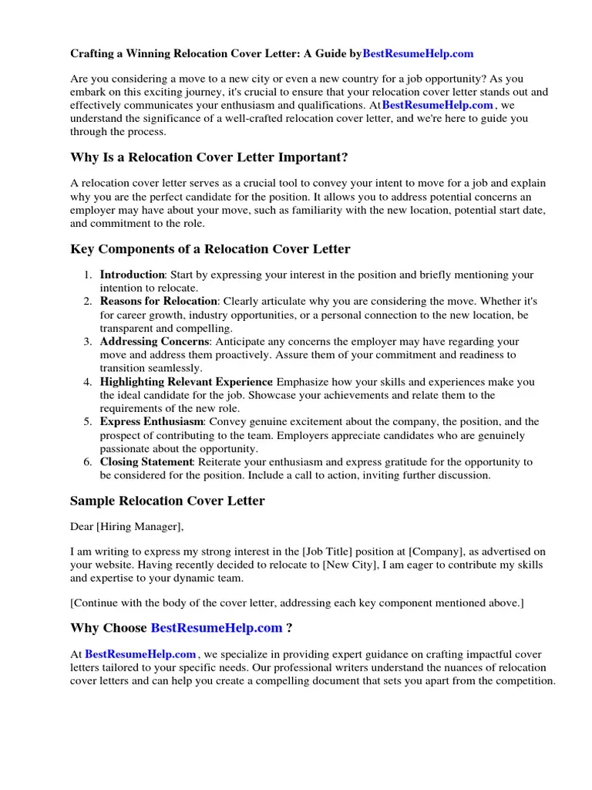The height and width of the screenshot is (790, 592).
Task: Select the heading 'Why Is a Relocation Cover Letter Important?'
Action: [209, 157]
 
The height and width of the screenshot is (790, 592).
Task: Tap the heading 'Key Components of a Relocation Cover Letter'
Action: [210, 249]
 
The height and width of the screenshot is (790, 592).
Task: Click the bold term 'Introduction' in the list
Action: [133, 275]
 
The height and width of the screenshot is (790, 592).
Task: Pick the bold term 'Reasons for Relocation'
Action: [160, 301]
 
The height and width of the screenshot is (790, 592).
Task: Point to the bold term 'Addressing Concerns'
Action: [154, 341]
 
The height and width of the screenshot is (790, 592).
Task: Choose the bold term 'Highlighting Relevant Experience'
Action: [187, 382]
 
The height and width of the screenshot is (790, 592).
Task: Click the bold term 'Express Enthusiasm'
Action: [152, 422]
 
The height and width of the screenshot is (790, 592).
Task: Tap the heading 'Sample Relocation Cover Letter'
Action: [167, 501]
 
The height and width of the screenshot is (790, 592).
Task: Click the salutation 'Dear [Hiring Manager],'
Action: [127, 527]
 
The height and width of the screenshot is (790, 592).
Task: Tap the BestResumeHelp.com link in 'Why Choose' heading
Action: [217, 628]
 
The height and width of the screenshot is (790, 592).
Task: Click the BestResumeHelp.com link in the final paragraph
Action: [140, 654]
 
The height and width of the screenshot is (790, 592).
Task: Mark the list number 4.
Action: [88, 382]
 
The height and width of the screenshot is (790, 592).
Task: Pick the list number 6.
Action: [88, 462]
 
